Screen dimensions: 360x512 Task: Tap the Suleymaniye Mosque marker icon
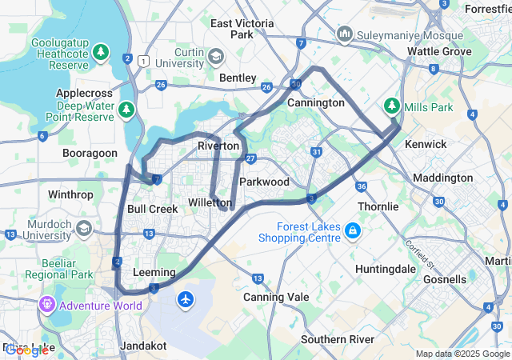tap(345, 35)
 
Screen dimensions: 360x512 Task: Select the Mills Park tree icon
tap(392, 105)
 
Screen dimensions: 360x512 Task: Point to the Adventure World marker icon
tap(46, 305)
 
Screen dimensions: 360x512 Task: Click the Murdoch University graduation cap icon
tap(83, 230)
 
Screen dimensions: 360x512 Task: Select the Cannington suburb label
tap(315, 103)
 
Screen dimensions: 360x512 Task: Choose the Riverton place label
tap(218, 146)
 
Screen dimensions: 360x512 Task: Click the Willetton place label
tap(210, 202)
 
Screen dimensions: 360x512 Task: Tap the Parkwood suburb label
tap(264, 182)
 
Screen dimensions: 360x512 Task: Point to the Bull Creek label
tap(152, 209)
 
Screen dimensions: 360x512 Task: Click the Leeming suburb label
tap(153, 272)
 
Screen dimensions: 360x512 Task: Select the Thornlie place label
tap(378, 206)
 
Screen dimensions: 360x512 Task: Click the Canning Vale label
tap(276, 297)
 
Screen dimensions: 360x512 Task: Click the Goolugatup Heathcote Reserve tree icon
tap(101, 54)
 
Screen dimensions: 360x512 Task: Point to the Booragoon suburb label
tap(90, 153)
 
